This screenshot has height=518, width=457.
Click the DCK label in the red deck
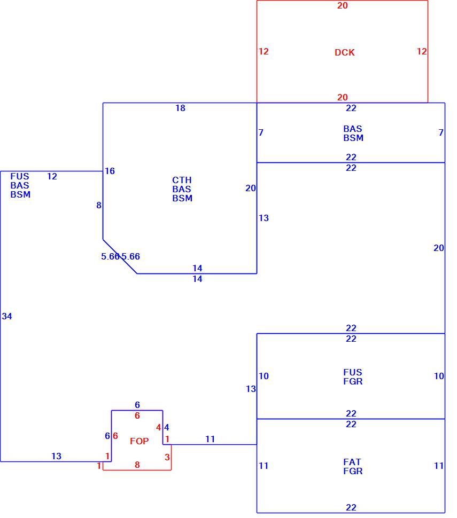[344, 52]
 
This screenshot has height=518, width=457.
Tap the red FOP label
[139, 441]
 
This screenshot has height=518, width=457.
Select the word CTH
[182, 180]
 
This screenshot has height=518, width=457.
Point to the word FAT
[352, 462]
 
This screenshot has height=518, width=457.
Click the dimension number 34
[6, 316]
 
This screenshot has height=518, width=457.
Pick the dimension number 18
[180, 108]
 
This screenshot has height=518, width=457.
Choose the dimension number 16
[110, 171]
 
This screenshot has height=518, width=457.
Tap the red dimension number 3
[167, 457]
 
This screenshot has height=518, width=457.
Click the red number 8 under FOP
[137, 465]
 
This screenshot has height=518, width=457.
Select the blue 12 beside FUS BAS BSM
[52, 176]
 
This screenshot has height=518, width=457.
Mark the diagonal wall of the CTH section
[120, 256]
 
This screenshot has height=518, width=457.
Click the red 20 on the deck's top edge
[342, 5]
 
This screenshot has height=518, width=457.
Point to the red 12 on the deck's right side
[422, 51]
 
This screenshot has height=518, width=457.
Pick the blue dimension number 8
[98, 205]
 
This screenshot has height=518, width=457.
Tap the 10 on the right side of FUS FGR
[439, 376]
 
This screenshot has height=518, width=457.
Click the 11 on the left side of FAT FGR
[264, 466]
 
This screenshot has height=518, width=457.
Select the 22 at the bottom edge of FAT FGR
[351, 507]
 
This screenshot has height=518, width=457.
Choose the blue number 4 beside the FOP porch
[167, 427]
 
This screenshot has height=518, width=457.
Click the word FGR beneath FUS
[353, 381]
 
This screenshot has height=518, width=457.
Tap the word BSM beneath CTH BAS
[182, 198]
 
